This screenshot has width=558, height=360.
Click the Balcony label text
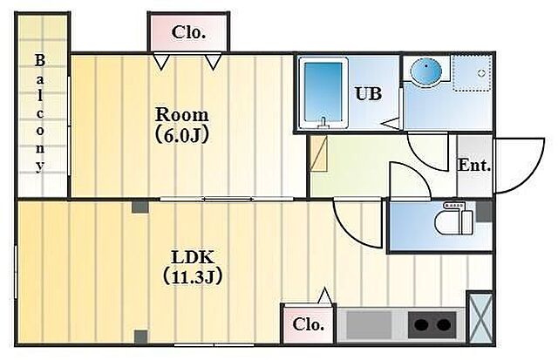pyautogui.click(x=40, y=113)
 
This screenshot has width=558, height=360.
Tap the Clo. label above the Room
pyautogui.click(x=188, y=33)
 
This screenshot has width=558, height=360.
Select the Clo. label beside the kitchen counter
pyautogui.click(x=308, y=325)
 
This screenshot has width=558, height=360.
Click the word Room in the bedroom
pyautogui.click(x=181, y=115)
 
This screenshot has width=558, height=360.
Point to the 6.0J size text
pyautogui.click(x=181, y=135)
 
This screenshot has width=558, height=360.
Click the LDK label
pyautogui.click(x=192, y=257)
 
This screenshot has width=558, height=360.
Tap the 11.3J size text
pyautogui.click(x=192, y=277)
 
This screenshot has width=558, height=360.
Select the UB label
pyautogui.click(x=367, y=94)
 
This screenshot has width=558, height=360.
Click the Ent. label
pyautogui.click(x=474, y=165)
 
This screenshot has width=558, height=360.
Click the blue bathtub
pyautogui.click(x=323, y=94)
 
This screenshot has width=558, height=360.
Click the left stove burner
pyautogui.click(x=421, y=326)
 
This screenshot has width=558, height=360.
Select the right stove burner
pyautogui.click(x=446, y=326)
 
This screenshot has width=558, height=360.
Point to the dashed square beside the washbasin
pyautogui.click(x=471, y=74)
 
